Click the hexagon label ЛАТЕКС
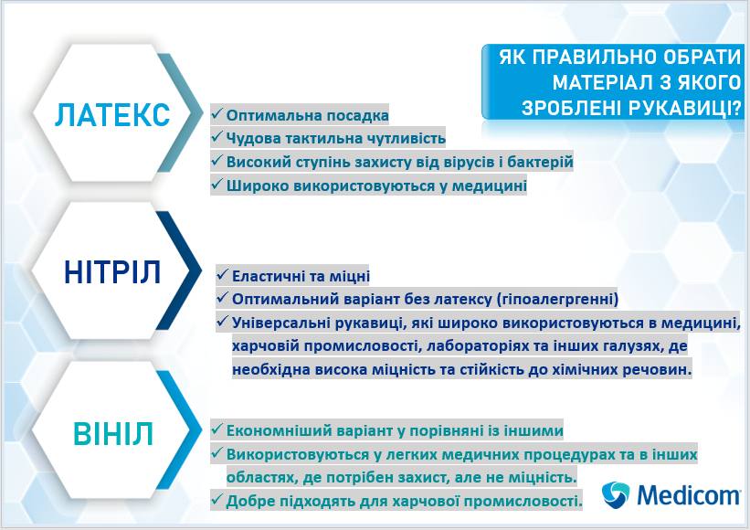click(112, 115)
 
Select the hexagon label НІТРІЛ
click(112, 271)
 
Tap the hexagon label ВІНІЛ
click(113, 434)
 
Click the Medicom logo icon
click(615, 494)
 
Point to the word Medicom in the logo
click(688, 494)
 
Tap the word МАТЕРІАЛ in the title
click(601, 82)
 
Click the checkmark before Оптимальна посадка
click(217, 114)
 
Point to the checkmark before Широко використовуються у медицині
click(217, 185)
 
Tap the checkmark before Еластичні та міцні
click(222, 274)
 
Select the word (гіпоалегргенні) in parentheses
click(558, 300)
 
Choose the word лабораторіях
click(488, 346)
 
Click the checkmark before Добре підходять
click(217, 500)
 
